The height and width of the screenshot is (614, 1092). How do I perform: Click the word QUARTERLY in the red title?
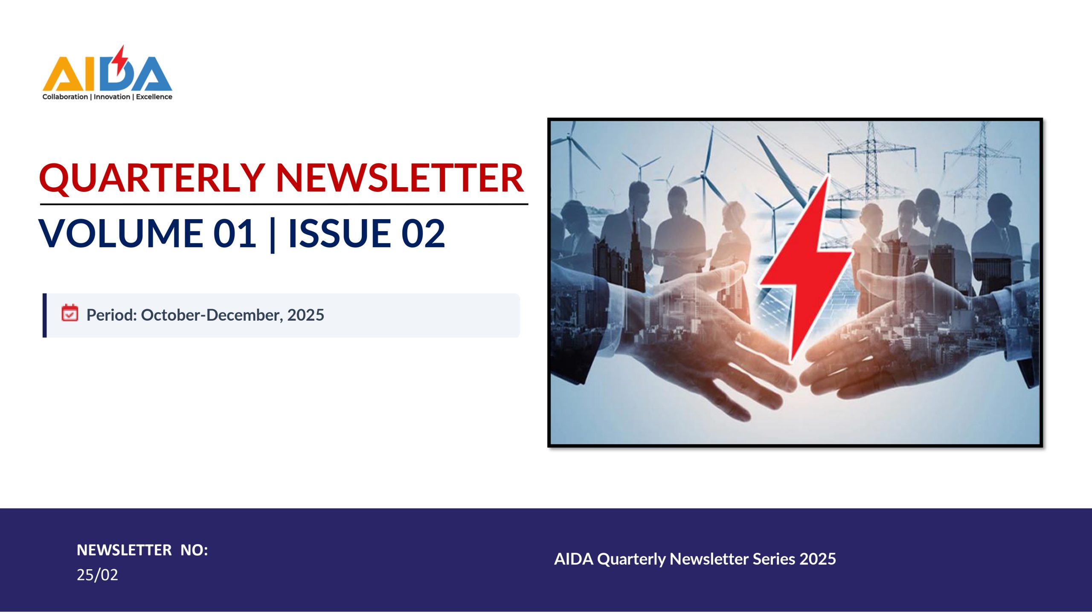(152, 178)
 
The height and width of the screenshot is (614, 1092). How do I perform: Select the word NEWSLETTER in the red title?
(400, 178)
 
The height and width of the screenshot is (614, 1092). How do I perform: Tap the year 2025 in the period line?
(306, 315)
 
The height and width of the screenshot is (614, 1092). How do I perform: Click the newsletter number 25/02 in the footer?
(97, 575)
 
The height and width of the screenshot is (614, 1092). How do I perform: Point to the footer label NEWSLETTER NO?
(142, 550)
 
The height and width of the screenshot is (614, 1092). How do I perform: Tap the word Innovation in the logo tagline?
(112, 97)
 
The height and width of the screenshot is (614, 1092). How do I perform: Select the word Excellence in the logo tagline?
(154, 97)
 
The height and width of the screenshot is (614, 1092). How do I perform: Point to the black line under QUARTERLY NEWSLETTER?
(284, 204)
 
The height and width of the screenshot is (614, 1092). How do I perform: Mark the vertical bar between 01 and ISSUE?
(273, 235)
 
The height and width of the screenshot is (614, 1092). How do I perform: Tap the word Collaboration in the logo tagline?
(65, 97)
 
